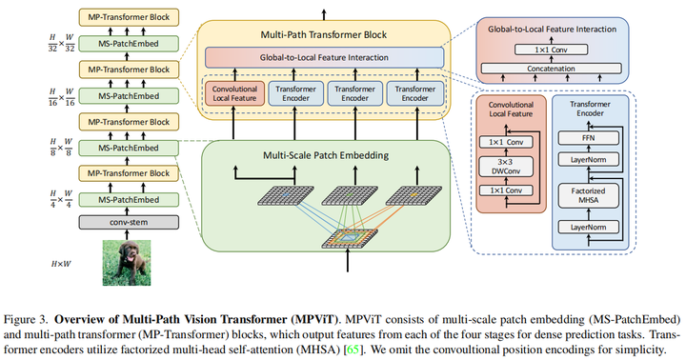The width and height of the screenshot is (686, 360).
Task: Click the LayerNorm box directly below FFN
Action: click(x=588, y=159)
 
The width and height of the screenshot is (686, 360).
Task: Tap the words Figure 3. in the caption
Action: click(x=29, y=314)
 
